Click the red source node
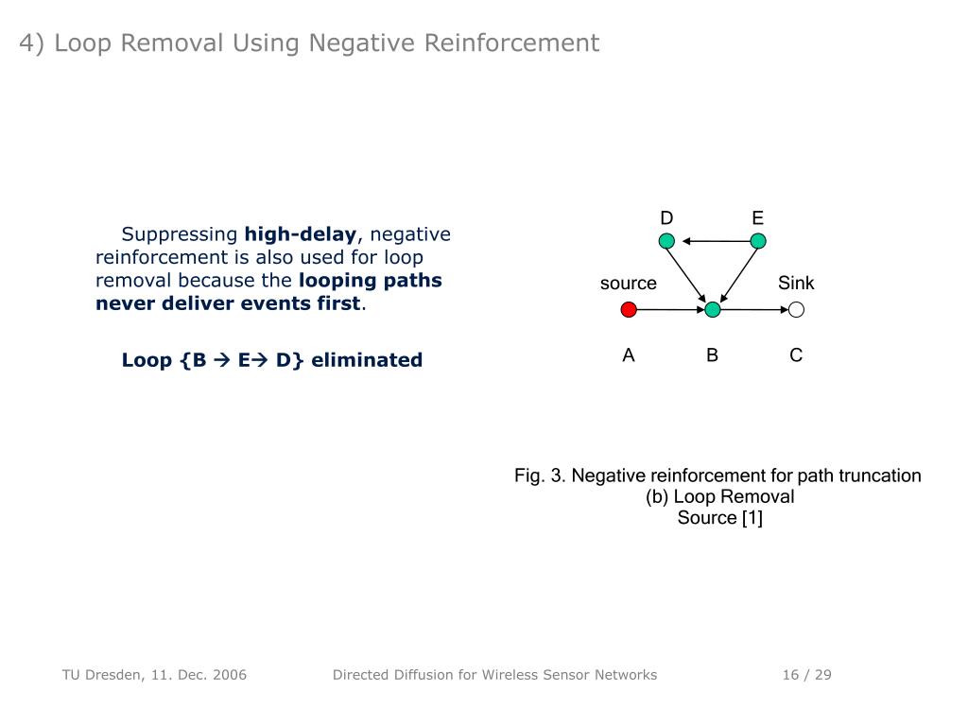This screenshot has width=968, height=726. (629, 309)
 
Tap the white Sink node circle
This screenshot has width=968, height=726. (796, 309)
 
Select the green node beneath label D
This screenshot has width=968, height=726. (666, 241)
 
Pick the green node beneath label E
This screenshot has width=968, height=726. (757, 241)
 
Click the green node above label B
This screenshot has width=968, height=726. (713, 309)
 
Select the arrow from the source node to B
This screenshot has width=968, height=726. (670, 309)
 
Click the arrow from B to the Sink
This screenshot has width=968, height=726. (754, 309)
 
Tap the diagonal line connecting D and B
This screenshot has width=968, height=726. (688, 273)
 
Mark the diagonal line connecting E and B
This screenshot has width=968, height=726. (736, 273)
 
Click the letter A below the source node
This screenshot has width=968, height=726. (629, 355)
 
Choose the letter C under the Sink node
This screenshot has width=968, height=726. (796, 355)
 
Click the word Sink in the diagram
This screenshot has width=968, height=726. (796, 284)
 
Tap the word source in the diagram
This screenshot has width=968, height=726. (629, 284)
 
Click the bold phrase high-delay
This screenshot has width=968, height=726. (301, 234)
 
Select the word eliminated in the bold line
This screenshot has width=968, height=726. (367, 360)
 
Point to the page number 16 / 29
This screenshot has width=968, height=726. (806, 675)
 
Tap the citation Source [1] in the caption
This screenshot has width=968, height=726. (719, 518)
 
